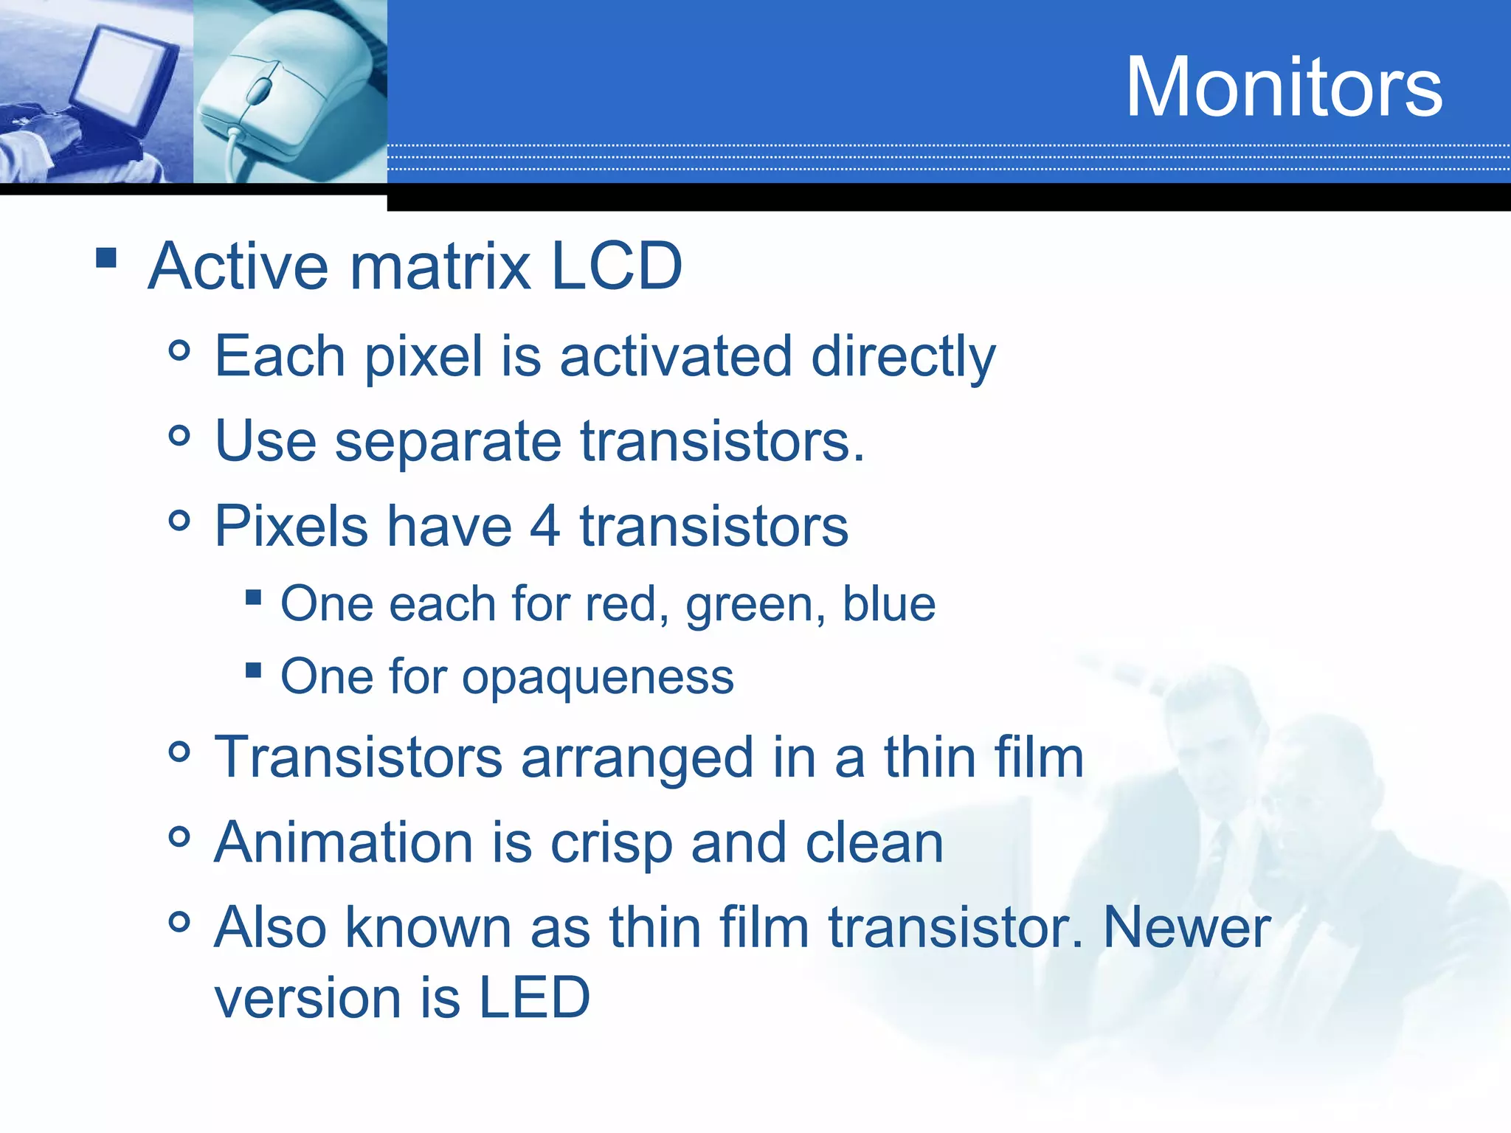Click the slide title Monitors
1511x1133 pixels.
point(1283,87)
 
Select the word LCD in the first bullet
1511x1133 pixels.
point(616,266)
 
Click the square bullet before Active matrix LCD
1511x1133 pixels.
point(106,257)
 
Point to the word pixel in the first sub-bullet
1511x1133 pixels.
point(423,356)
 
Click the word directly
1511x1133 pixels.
point(903,356)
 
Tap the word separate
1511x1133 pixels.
point(448,442)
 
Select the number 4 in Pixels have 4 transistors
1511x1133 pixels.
point(545,526)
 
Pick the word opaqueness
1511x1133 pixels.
point(598,677)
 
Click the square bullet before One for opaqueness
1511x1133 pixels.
point(254,670)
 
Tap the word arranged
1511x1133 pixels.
point(637,758)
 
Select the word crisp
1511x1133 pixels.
point(611,843)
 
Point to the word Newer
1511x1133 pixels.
point(1186,927)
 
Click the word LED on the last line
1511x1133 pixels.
point(534,997)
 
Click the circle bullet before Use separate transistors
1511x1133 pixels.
point(179,435)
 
